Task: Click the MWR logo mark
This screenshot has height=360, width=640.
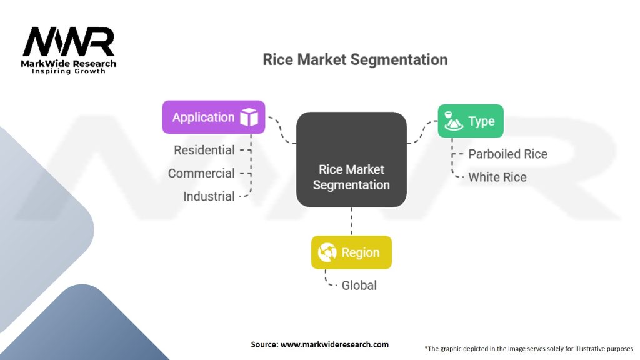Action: point(69,42)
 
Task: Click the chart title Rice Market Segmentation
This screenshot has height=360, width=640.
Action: point(355,60)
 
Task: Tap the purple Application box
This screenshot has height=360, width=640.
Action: point(213,117)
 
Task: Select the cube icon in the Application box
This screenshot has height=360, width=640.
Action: point(249,117)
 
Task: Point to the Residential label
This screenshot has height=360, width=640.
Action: point(204,150)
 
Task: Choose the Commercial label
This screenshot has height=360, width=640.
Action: point(201,173)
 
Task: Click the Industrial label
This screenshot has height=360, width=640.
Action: point(209,196)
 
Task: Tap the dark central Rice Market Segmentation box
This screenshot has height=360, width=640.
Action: point(351,160)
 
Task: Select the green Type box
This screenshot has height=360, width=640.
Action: point(470,121)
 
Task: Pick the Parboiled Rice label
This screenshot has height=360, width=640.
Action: point(507,154)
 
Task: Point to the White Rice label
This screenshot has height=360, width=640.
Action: point(497,177)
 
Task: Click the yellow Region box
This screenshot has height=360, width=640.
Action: point(351,252)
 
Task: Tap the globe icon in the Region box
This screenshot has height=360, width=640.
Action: point(327,252)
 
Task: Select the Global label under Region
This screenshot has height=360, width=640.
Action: point(359,285)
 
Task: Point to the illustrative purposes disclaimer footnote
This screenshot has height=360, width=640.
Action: point(529,348)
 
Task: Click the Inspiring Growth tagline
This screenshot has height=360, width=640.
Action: point(69,71)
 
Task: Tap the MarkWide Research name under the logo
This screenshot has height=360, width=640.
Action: point(69,64)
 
